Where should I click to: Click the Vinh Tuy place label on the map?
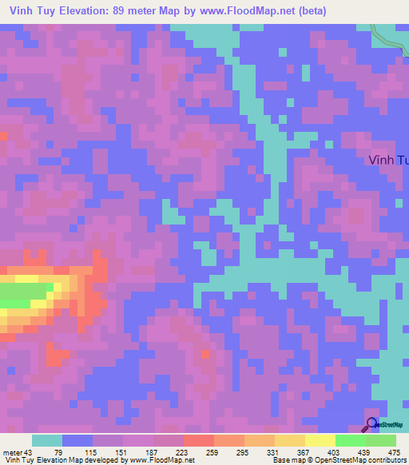[x=388, y=160]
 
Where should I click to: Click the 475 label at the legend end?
[x=394, y=452]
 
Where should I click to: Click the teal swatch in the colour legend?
[x=47, y=440]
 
